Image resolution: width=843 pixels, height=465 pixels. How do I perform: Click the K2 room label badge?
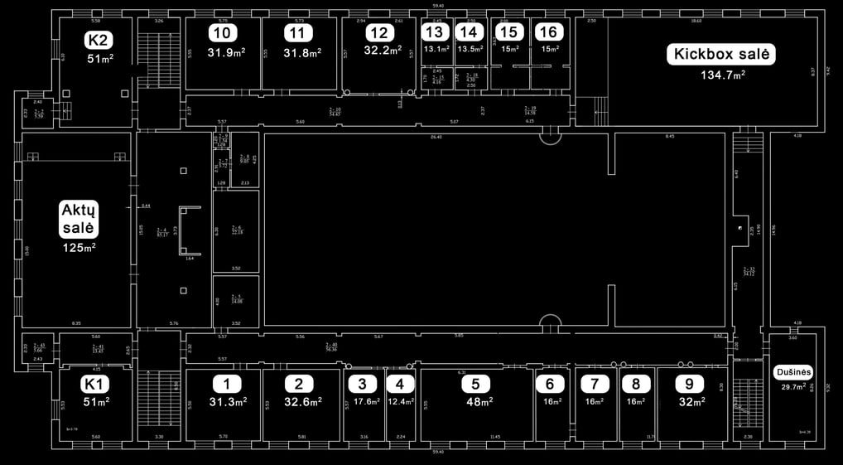(x=99, y=41)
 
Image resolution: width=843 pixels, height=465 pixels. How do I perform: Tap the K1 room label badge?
(x=96, y=384)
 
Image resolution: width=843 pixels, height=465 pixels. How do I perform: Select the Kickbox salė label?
(x=722, y=56)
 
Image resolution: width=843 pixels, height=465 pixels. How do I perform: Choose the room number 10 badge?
(x=222, y=33)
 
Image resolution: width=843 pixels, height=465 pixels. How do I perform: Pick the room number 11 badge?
(x=299, y=33)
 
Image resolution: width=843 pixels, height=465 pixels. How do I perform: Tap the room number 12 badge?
(x=379, y=33)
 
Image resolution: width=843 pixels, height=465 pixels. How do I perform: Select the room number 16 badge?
(x=547, y=32)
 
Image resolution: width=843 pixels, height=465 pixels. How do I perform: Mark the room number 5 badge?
(x=475, y=384)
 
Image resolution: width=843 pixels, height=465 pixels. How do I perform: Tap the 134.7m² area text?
(x=720, y=74)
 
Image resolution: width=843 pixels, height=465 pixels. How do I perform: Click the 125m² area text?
(x=79, y=248)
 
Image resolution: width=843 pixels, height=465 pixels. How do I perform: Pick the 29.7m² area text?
(x=791, y=386)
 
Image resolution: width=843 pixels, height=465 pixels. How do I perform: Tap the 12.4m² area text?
(x=400, y=402)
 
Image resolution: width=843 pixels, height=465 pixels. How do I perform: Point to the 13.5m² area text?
(x=470, y=49)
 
